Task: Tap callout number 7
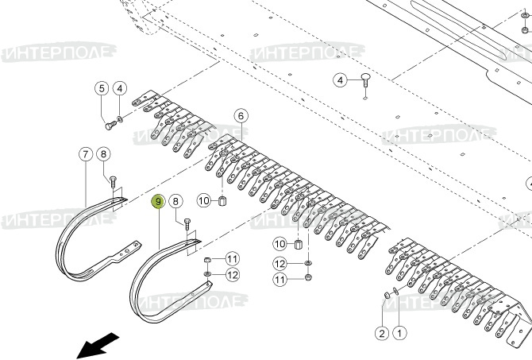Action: pyautogui.click(x=85, y=153)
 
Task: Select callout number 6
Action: pyautogui.click(x=241, y=116)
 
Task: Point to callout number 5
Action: pyautogui.click(x=102, y=87)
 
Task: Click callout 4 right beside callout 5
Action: pyautogui.click(x=119, y=87)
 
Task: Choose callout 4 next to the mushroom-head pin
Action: pyautogui.click(x=339, y=80)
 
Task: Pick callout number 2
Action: pyautogui.click(x=381, y=333)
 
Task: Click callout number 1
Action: pyautogui.click(x=399, y=333)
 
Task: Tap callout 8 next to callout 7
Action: pyautogui.click(x=104, y=153)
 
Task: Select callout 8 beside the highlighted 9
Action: pyautogui.click(x=176, y=202)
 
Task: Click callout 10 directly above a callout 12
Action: pyautogui.click(x=279, y=243)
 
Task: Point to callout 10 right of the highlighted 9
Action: pyautogui.click(x=203, y=200)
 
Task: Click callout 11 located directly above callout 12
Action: pyautogui.click(x=232, y=258)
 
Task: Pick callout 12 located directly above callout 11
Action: pyautogui.click(x=279, y=264)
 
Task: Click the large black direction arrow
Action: pyautogui.click(x=98, y=345)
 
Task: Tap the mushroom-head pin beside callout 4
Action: pyautogui.click(x=365, y=79)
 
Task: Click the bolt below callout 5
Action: pyautogui.click(x=107, y=124)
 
